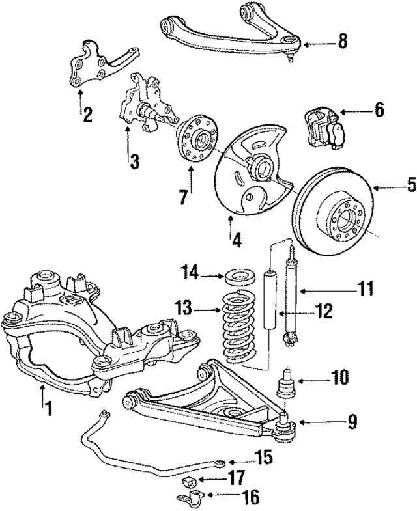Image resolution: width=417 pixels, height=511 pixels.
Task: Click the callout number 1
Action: (48, 408)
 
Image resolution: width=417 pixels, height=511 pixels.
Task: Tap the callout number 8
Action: (341, 43)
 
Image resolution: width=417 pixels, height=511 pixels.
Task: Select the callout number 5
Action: (393, 186)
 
